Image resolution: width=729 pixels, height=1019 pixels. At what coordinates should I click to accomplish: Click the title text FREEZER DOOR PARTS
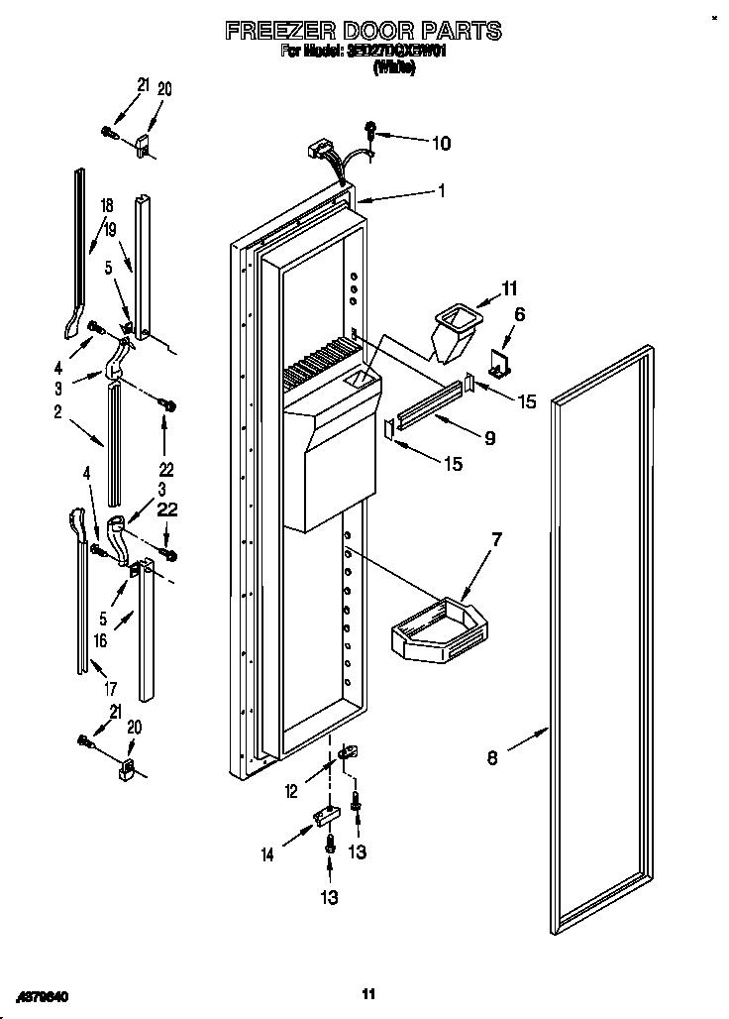point(364,32)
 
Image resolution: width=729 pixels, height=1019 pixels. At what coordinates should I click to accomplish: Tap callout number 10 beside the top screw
point(440,144)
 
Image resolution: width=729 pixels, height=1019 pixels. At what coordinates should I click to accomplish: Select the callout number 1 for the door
point(442,192)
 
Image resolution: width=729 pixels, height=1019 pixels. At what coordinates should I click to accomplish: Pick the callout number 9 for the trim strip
point(489,437)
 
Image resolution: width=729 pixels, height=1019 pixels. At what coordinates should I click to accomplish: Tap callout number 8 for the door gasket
point(493,760)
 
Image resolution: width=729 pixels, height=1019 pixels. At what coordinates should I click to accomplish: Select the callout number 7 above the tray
point(497,539)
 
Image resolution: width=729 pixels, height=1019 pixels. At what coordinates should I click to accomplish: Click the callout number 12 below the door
point(292,790)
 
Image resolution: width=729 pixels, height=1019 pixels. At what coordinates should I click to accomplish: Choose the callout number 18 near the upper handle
point(107,205)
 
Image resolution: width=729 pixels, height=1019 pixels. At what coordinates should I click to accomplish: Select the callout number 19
point(110,229)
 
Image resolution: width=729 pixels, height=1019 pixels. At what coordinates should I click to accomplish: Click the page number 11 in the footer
point(367,993)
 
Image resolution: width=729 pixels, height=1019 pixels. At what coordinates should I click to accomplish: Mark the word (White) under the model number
point(393,68)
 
